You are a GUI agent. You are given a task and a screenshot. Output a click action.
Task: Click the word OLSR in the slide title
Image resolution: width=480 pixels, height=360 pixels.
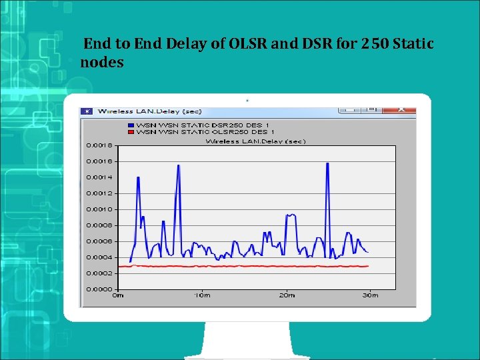[251, 44]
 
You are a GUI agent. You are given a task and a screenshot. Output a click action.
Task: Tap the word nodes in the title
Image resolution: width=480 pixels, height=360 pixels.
[101, 63]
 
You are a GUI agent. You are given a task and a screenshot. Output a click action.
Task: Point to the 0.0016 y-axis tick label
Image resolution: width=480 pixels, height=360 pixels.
[99, 161]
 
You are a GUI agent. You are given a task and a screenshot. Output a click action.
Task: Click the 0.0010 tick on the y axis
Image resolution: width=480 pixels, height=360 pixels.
[99, 209]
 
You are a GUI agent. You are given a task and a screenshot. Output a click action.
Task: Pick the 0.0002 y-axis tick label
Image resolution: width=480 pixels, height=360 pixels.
[99, 273]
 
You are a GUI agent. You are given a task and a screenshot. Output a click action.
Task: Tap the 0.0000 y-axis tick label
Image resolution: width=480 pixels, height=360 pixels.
[99, 289]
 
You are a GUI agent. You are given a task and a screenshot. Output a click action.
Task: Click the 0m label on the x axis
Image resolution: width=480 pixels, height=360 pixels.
[118, 295]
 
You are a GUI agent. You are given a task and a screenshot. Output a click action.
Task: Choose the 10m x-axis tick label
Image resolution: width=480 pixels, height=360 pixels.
[202, 295]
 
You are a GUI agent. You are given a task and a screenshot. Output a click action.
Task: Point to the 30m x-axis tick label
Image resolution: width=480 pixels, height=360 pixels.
[370, 295]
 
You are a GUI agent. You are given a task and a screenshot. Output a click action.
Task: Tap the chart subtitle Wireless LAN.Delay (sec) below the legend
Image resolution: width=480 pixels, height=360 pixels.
[255, 141]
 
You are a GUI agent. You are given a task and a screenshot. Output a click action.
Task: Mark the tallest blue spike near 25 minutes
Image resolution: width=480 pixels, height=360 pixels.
[327, 163]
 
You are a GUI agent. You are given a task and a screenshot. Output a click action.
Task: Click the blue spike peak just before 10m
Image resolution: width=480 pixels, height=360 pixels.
[178, 165]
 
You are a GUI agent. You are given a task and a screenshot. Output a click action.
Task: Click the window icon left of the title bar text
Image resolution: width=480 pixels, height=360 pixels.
[87, 111]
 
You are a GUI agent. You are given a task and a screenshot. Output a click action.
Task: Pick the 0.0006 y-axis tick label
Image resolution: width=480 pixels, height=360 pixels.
[99, 241]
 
